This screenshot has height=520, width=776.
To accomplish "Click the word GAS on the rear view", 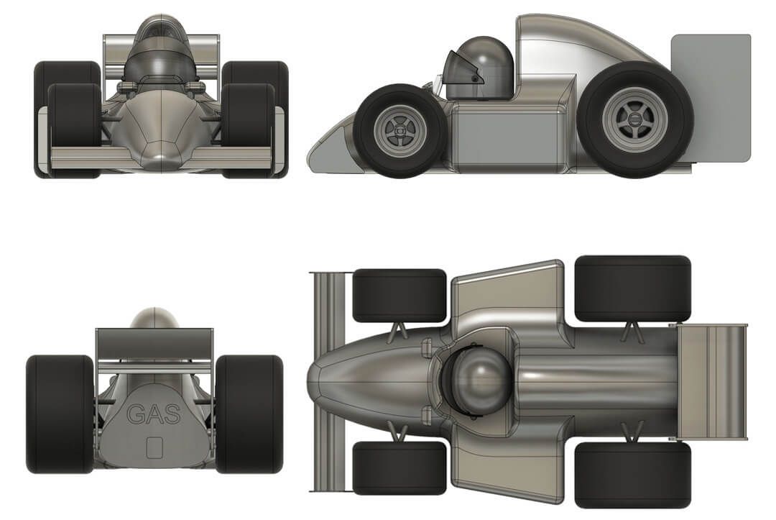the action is pyautogui.click(x=154, y=414).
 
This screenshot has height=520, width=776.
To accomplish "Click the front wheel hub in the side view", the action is pyautogui.click(x=399, y=132).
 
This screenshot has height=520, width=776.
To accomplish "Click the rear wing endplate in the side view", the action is pyautogui.click(x=711, y=98).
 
